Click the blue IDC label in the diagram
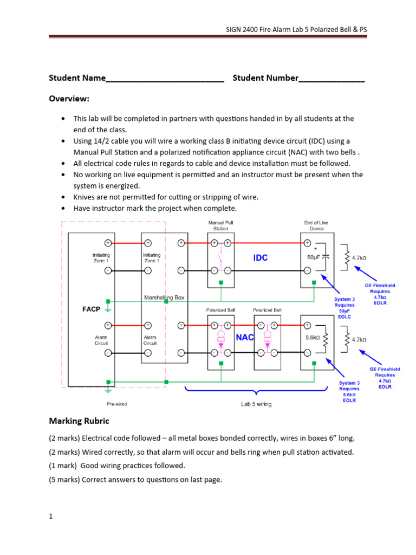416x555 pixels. coord(261,258)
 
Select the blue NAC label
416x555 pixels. coord(245,337)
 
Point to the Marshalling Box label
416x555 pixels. coord(164,298)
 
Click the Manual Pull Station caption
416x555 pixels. coord(220,225)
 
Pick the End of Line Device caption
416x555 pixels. coord(316,225)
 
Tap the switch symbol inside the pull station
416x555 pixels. coord(220,256)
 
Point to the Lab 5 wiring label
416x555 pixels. coord(256,404)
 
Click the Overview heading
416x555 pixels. coord(69,99)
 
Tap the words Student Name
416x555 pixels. coord(77,78)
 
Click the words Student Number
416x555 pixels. coord(265,78)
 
